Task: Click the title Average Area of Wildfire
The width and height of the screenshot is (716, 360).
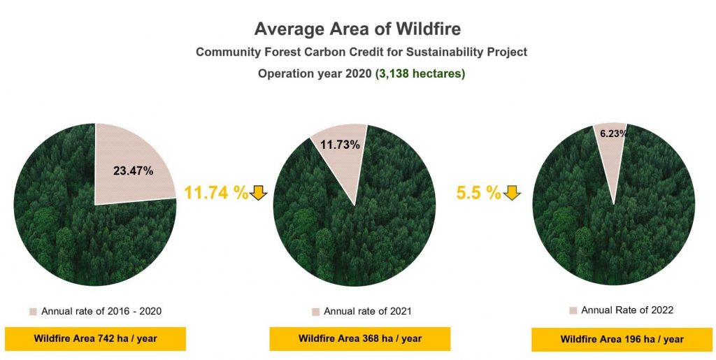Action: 357,29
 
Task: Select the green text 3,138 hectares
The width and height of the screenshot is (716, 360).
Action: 420,74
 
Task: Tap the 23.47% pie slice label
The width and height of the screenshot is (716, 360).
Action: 134,171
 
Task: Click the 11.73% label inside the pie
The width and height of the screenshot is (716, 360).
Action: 340,145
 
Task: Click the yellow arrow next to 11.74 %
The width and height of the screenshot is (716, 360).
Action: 259,193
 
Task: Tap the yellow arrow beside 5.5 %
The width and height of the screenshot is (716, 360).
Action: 512,193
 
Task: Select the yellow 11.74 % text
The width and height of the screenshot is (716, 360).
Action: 216,193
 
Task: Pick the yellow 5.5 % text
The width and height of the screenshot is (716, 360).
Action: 478,193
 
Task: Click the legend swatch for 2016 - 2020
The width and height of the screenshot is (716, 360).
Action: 33,312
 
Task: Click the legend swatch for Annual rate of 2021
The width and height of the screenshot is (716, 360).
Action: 315,312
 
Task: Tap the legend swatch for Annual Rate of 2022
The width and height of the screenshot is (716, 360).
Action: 573,311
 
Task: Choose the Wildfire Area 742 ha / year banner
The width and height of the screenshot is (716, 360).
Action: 95,338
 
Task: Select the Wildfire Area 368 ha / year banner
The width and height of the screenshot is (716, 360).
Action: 360,338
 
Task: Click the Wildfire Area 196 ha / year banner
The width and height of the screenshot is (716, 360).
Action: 622,339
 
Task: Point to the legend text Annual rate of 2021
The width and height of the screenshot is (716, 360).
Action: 368,312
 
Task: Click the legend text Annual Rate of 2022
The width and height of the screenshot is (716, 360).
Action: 627,310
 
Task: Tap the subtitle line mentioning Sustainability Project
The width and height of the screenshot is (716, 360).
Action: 361,52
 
